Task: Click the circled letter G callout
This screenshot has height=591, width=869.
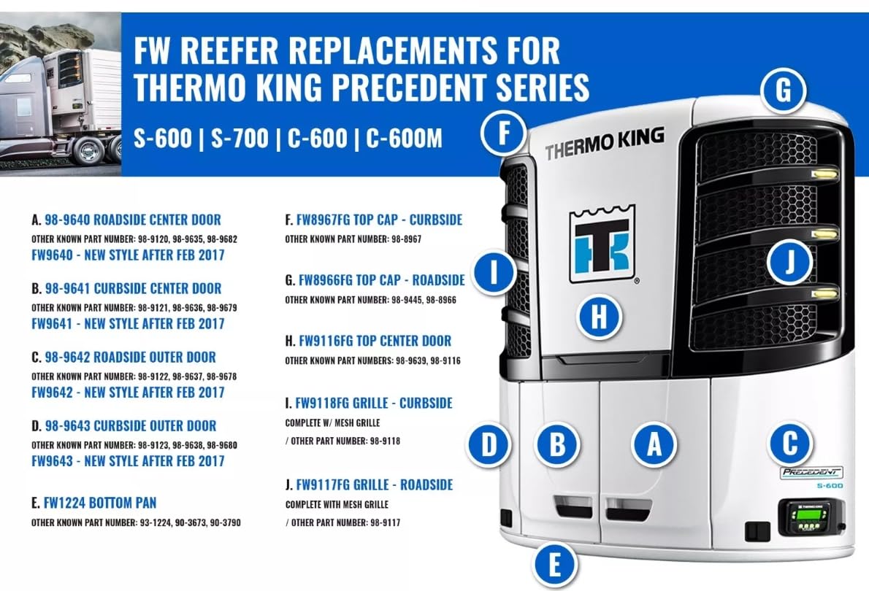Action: (782, 93)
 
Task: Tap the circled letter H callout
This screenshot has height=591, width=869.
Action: (598, 318)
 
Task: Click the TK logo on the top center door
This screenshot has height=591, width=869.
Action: (602, 244)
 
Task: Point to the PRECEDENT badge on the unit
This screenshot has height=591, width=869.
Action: (811, 472)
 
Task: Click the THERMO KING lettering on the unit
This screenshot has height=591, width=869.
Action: (604, 143)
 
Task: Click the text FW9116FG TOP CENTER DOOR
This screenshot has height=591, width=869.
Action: (374, 341)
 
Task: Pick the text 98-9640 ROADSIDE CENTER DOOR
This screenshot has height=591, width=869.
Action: (132, 220)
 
